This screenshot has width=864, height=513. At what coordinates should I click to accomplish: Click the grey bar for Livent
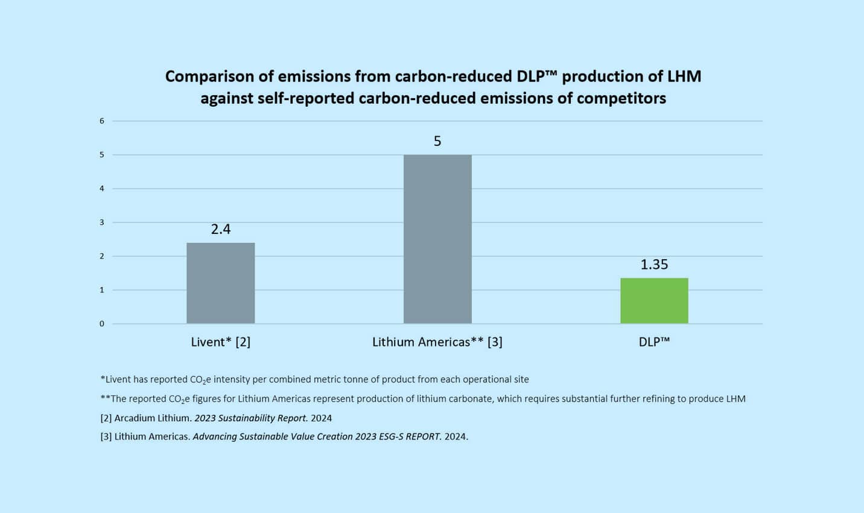220,283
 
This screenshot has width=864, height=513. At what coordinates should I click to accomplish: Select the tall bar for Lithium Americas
437,239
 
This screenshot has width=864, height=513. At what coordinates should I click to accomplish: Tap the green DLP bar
654,300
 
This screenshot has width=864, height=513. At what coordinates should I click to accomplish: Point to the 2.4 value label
221,229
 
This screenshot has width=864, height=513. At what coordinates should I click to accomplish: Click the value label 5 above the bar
437,141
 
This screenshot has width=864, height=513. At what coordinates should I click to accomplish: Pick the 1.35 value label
654,264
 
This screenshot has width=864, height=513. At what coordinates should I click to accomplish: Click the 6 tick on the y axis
102,121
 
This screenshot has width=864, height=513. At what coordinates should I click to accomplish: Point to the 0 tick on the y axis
102,324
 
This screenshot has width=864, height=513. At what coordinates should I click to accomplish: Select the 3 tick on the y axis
102,222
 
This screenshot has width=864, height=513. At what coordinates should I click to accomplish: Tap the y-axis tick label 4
102,189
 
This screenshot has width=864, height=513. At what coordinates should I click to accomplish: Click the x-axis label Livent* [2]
221,342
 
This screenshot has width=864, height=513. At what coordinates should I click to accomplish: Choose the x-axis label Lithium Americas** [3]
437,342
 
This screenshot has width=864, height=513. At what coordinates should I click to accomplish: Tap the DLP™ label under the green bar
654,342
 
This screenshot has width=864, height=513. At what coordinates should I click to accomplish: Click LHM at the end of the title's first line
684,77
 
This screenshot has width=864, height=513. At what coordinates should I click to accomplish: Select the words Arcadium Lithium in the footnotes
153,418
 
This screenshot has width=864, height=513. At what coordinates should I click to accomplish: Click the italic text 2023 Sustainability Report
251,418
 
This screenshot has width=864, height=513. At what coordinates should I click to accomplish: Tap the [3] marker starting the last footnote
106,436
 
